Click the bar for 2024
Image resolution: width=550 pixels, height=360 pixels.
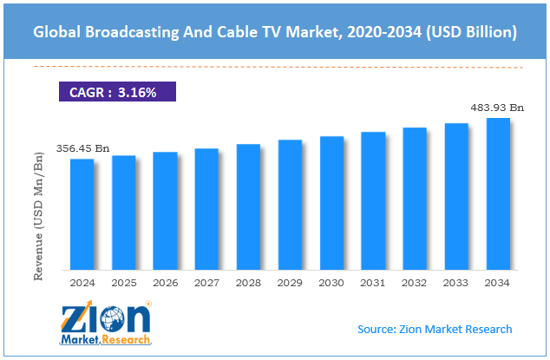(82, 213)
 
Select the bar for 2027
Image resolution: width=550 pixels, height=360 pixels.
(206, 208)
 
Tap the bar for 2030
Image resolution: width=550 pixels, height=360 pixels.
(331, 202)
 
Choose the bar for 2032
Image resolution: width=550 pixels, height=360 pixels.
(415, 198)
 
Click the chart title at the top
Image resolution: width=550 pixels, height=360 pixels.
(275, 32)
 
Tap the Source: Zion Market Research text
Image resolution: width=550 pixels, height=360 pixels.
(435, 329)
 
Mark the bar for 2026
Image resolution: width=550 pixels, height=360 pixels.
(165, 210)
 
